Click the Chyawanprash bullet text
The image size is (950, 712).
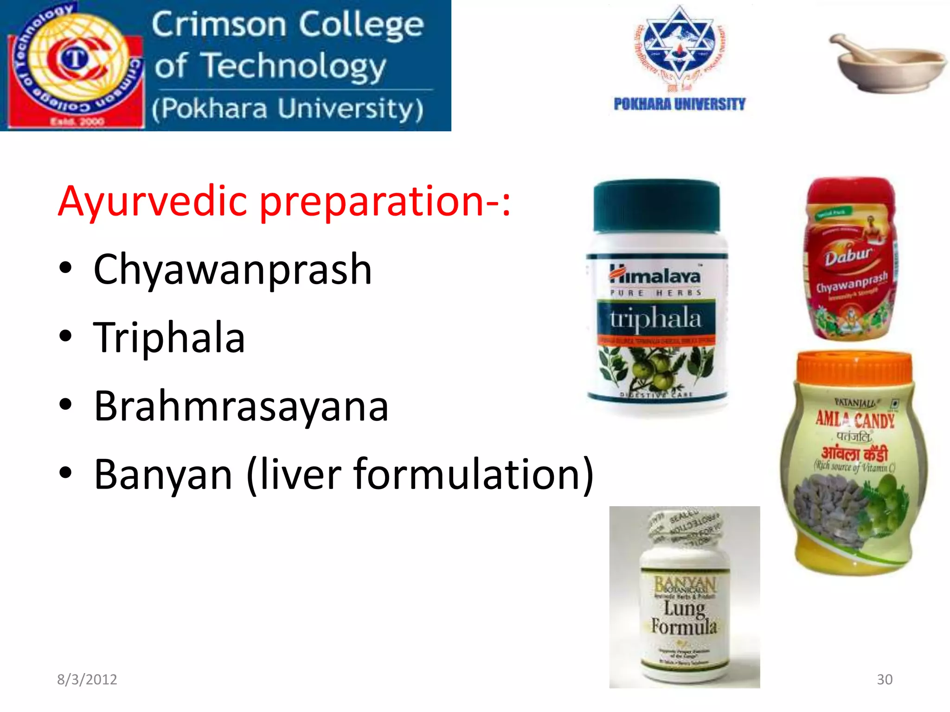[232, 270]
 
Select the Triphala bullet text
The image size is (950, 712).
[169, 338]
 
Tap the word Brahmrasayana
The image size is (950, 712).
[241, 407]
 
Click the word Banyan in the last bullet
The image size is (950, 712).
[163, 475]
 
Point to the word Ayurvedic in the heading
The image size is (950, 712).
[153, 202]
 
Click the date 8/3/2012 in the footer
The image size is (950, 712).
[87, 679]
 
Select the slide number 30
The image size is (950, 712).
[884, 679]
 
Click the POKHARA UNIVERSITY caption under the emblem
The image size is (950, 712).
[679, 104]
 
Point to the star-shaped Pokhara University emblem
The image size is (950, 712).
[680, 46]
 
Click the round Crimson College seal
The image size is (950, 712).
[74, 63]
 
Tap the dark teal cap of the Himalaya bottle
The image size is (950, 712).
[656, 206]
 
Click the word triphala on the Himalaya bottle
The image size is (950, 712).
[655, 319]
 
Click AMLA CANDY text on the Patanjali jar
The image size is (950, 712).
[855, 420]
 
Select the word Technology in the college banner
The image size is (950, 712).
[295, 66]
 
